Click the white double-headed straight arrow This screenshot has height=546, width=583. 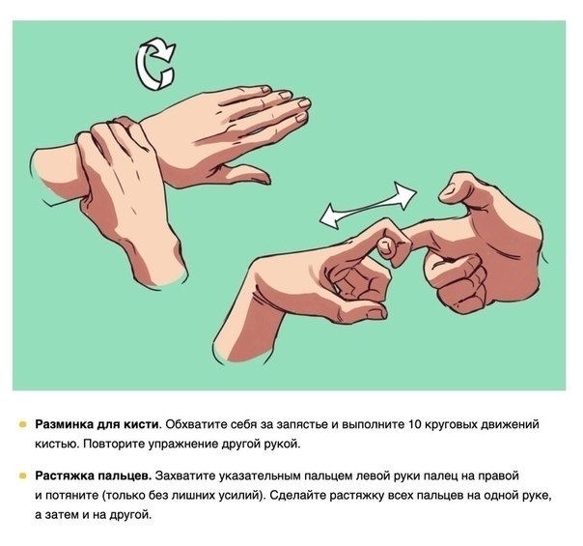pyautogui.click(x=368, y=205)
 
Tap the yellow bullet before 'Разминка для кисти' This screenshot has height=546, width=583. pyautogui.click(x=22, y=424)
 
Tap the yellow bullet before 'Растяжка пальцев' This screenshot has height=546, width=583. pyautogui.click(x=22, y=475)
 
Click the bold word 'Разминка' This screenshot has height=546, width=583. pyautogui.click(x=64, y=424)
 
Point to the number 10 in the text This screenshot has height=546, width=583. pyautogui.click(x=415, y=424)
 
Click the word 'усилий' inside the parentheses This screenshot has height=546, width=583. pyautogui.click(x=238, y=496)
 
